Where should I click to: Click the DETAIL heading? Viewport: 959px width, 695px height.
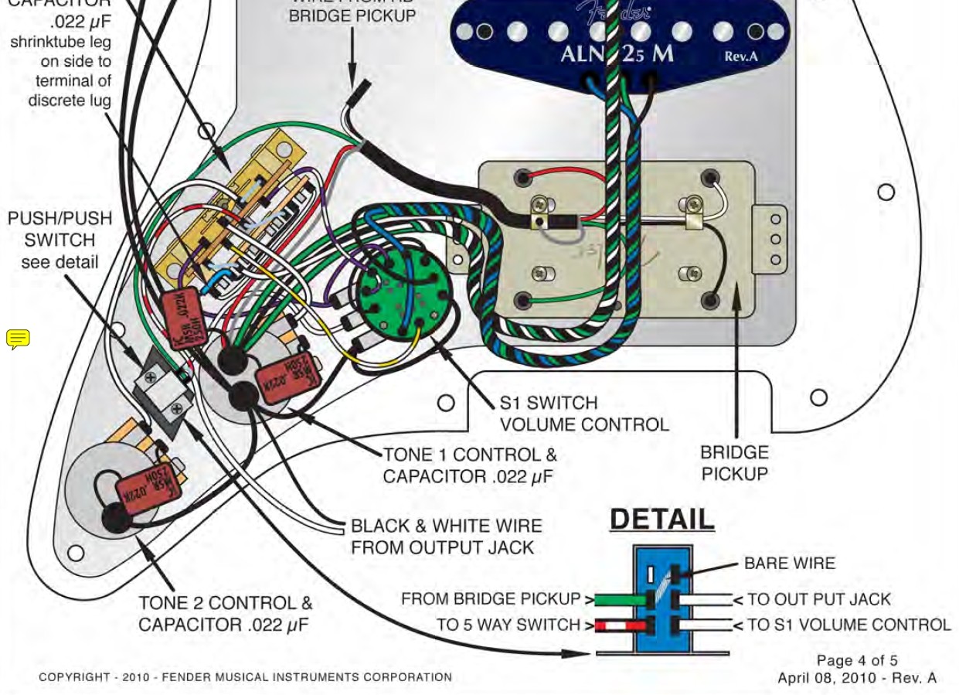[x=662, y=519]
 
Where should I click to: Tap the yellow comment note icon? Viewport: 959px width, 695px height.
[x=18, y=339]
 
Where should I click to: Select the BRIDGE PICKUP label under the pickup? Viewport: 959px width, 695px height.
[x=734, y=463]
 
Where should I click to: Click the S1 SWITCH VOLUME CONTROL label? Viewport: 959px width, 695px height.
[x=583, y=414]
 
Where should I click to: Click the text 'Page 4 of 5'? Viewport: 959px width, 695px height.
[x=857, y=660]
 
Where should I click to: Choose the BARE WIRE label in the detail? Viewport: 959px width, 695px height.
[x=789, y=564]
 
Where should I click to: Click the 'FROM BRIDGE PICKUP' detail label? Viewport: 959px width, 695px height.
[x=491, y=599]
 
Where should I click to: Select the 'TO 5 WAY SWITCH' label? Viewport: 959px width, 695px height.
[x=508, y=625]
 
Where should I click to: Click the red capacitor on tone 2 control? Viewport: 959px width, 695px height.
[x=144, y=487]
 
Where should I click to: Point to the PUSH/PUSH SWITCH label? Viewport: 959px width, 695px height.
[x=60, y=240]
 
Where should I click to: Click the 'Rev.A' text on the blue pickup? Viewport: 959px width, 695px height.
[x=743, y=56]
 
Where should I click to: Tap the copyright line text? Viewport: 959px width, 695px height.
[x=245, y=677]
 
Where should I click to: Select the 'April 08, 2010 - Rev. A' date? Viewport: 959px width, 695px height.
[x=856, y=678]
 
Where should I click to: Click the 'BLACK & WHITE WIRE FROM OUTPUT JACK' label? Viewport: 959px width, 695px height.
[x=446, y=537]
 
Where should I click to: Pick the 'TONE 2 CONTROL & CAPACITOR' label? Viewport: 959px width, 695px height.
[x=225, y=613]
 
